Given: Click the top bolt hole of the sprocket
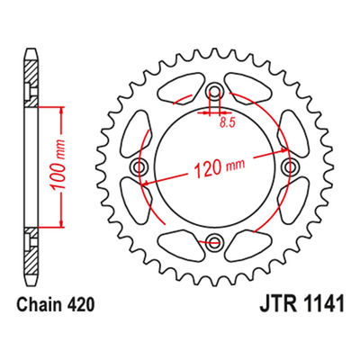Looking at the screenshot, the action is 214,90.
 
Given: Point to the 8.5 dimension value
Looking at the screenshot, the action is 226,123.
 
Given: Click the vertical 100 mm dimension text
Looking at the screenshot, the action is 58,165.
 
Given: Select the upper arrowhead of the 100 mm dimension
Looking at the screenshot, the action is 62,112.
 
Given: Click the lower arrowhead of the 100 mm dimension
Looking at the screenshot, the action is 62,222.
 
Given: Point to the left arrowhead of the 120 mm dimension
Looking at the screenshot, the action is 148,183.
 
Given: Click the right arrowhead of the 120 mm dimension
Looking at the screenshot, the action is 283,150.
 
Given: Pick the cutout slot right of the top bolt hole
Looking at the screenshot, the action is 249,88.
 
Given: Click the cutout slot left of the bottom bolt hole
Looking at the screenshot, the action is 180,244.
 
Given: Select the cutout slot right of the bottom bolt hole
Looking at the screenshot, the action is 249,244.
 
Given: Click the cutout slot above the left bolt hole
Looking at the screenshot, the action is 135,133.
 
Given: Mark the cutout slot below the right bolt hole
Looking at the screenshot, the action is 293,201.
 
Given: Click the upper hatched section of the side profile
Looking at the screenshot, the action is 31,84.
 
